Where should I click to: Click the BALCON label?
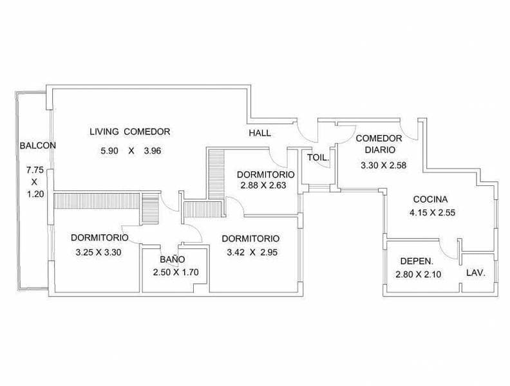38,145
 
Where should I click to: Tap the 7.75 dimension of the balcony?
35,170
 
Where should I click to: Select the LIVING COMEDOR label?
130,132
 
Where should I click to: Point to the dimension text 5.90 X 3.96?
131,151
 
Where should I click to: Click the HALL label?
260,133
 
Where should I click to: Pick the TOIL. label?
318,158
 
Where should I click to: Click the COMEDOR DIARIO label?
379,144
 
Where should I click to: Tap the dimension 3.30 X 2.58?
384,165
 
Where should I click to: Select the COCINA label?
430,199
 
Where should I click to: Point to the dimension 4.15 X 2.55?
432,213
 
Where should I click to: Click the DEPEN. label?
417,261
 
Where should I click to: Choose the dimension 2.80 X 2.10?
419,275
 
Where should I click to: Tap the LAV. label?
476,273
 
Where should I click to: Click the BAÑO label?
173,259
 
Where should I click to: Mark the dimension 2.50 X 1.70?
176,272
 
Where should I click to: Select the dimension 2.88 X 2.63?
263,185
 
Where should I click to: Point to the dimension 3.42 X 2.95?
252,252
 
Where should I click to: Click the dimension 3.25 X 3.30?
99,252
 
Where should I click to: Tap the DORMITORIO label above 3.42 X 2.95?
250,239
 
